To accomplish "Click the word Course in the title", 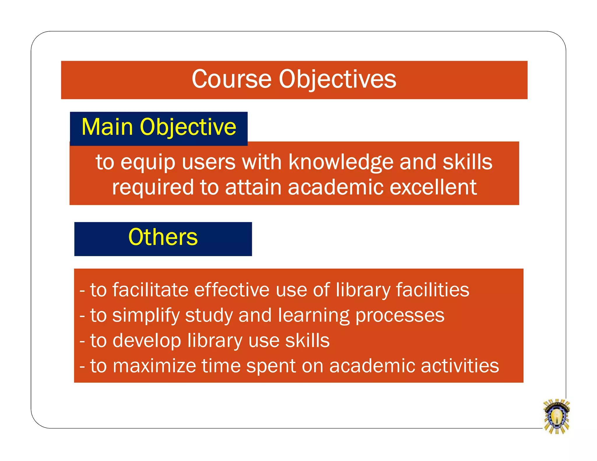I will click(x=231, y=79).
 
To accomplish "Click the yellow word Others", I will click(x=163, y=237).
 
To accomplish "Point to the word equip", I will click(x=148, y=163).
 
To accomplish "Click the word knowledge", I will click(x=341, y=162).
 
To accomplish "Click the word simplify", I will click(x=146, y=316).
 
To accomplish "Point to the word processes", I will click(x=400, y=316).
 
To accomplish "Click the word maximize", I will click(x=154, y=366).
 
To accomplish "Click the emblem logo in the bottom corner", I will click(x=556, y=416).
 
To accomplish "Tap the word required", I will click(x=153, y=188).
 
